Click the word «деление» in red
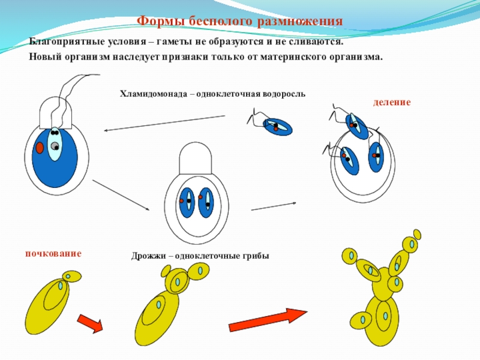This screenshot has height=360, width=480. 392,103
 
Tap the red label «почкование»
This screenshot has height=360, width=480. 53,253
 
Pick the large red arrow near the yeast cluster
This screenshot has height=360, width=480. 268,320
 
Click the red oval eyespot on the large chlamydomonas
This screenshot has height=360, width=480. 40,148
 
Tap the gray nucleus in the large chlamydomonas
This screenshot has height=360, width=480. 55,146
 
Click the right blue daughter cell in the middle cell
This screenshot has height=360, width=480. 206,203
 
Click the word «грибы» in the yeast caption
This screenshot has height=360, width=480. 254,256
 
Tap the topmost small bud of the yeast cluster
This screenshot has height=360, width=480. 417,234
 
